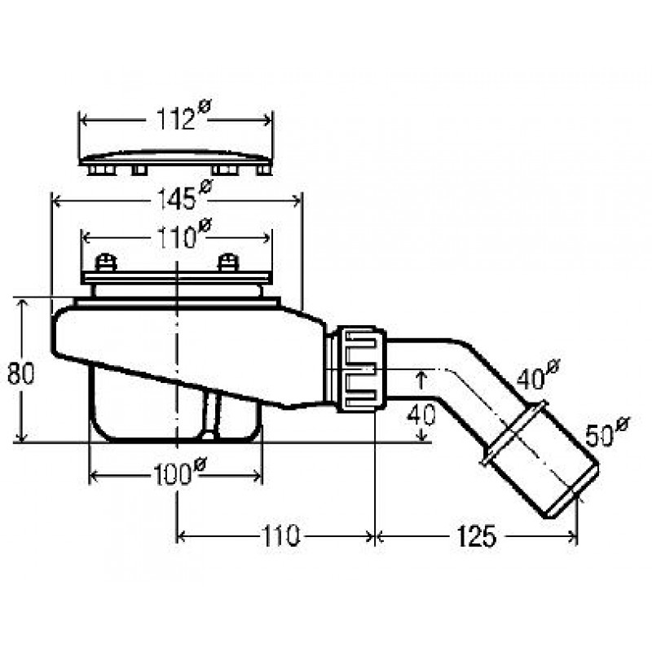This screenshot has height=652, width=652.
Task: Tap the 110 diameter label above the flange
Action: (x=183, y=234)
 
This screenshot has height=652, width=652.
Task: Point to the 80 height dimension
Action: (x=20, y=373)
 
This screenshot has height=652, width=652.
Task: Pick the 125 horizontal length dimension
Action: (x=476, y=536)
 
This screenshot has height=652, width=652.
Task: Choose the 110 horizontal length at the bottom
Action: (x=280, y=536)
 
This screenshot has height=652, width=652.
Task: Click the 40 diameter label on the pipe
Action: (x=538, y=375)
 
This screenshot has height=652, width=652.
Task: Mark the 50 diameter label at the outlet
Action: (x=607, y=432)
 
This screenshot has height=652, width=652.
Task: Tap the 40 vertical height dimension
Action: (x=421, y=414)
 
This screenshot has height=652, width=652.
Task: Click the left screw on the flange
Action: (x=106, y=262)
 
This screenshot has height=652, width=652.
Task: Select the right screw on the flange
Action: (x=228, y=262)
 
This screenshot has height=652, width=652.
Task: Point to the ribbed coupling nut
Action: (x=361, y=369)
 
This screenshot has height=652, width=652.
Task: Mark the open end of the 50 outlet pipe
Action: (x=573, y=491)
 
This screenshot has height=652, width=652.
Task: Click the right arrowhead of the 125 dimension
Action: (x=572, y=536)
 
